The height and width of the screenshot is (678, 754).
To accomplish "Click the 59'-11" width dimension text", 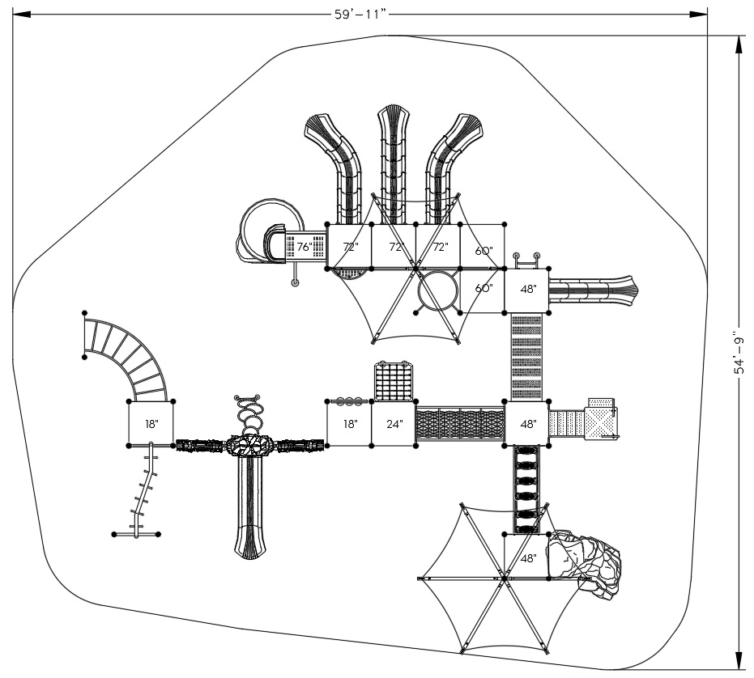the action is click(360, 14).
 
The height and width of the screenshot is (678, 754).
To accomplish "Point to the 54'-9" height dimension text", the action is click(739, 352).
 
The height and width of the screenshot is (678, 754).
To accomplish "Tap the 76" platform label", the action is click(305, 247).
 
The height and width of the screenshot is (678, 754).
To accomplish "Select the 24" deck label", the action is click(394, 424).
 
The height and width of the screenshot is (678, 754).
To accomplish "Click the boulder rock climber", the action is click(584, 563).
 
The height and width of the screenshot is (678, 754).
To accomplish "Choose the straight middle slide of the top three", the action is click(394, 164).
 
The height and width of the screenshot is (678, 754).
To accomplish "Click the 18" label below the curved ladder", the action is click(151, 424).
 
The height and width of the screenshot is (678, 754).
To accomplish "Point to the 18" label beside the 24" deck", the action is click(350, 424).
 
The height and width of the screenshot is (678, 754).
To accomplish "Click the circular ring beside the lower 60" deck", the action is click(437, 290).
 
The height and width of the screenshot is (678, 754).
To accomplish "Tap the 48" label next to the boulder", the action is click(528, 558).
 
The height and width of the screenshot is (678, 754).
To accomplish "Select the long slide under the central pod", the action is click(249, 507).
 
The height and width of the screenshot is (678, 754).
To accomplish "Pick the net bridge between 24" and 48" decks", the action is click(460, 424).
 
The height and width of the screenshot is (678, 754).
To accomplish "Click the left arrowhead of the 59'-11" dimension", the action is click(22, 14).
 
